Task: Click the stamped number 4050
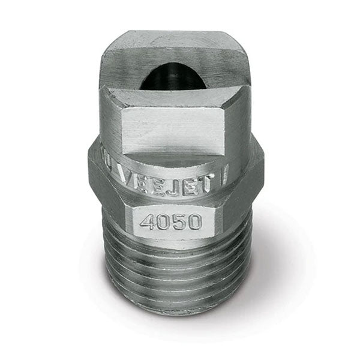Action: point(170,221)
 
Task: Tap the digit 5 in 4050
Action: point(178,221)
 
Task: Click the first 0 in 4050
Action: point(162,222)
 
